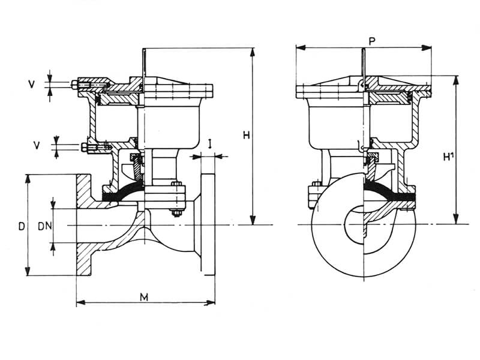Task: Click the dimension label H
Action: [246, 136]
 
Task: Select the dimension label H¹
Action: [447, 157]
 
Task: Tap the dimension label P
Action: [373, 41]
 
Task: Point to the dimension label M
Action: [144, 297]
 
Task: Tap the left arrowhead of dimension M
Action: [79, 302]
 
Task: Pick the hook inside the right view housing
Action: [360, 146]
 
